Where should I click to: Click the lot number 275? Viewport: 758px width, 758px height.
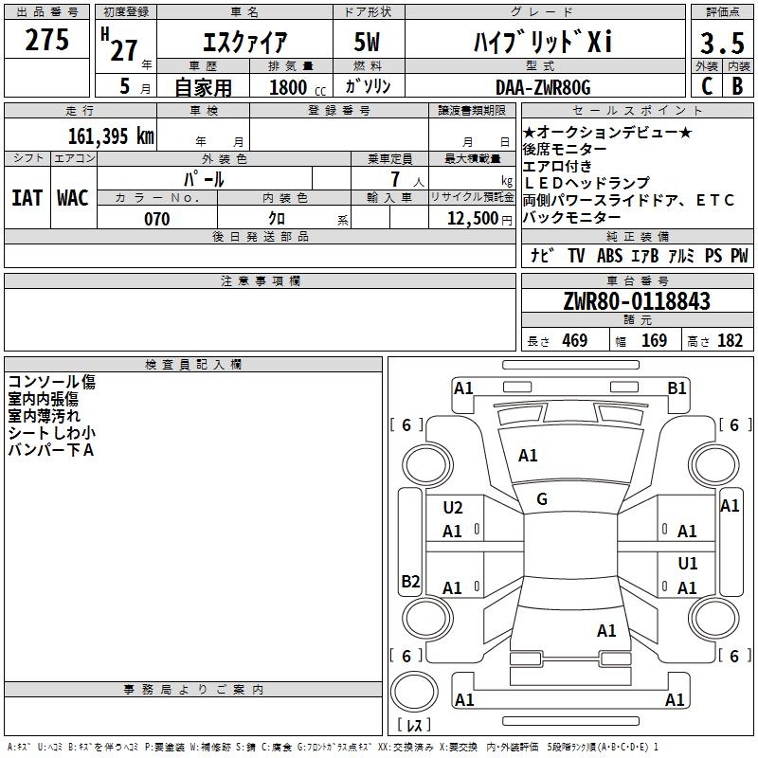[x=46, y=40]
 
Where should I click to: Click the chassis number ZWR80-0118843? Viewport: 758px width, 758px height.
[x=636, y=301]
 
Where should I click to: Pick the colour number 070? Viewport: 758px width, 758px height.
[x=156, y=219]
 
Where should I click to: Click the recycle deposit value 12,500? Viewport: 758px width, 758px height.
[x=472, y=219]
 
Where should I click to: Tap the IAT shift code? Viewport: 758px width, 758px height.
[x=27, y=197]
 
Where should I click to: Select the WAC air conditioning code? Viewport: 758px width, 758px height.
[x=72, y=197]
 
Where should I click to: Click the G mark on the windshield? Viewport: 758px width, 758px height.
[x=542, y=499]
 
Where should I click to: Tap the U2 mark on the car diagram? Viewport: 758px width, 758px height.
[x=453, y=508]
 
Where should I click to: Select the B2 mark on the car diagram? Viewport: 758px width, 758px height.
[x=410, y=582]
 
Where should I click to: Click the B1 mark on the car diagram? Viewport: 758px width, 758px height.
[x=677, y=388]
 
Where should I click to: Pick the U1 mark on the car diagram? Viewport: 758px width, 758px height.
[x=688, y=564]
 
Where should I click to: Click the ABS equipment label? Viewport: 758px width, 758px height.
[x=611, y=255]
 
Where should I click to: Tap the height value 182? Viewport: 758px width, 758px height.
[x=730, y=340]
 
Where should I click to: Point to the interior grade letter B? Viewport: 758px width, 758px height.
[x=737, y=87]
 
